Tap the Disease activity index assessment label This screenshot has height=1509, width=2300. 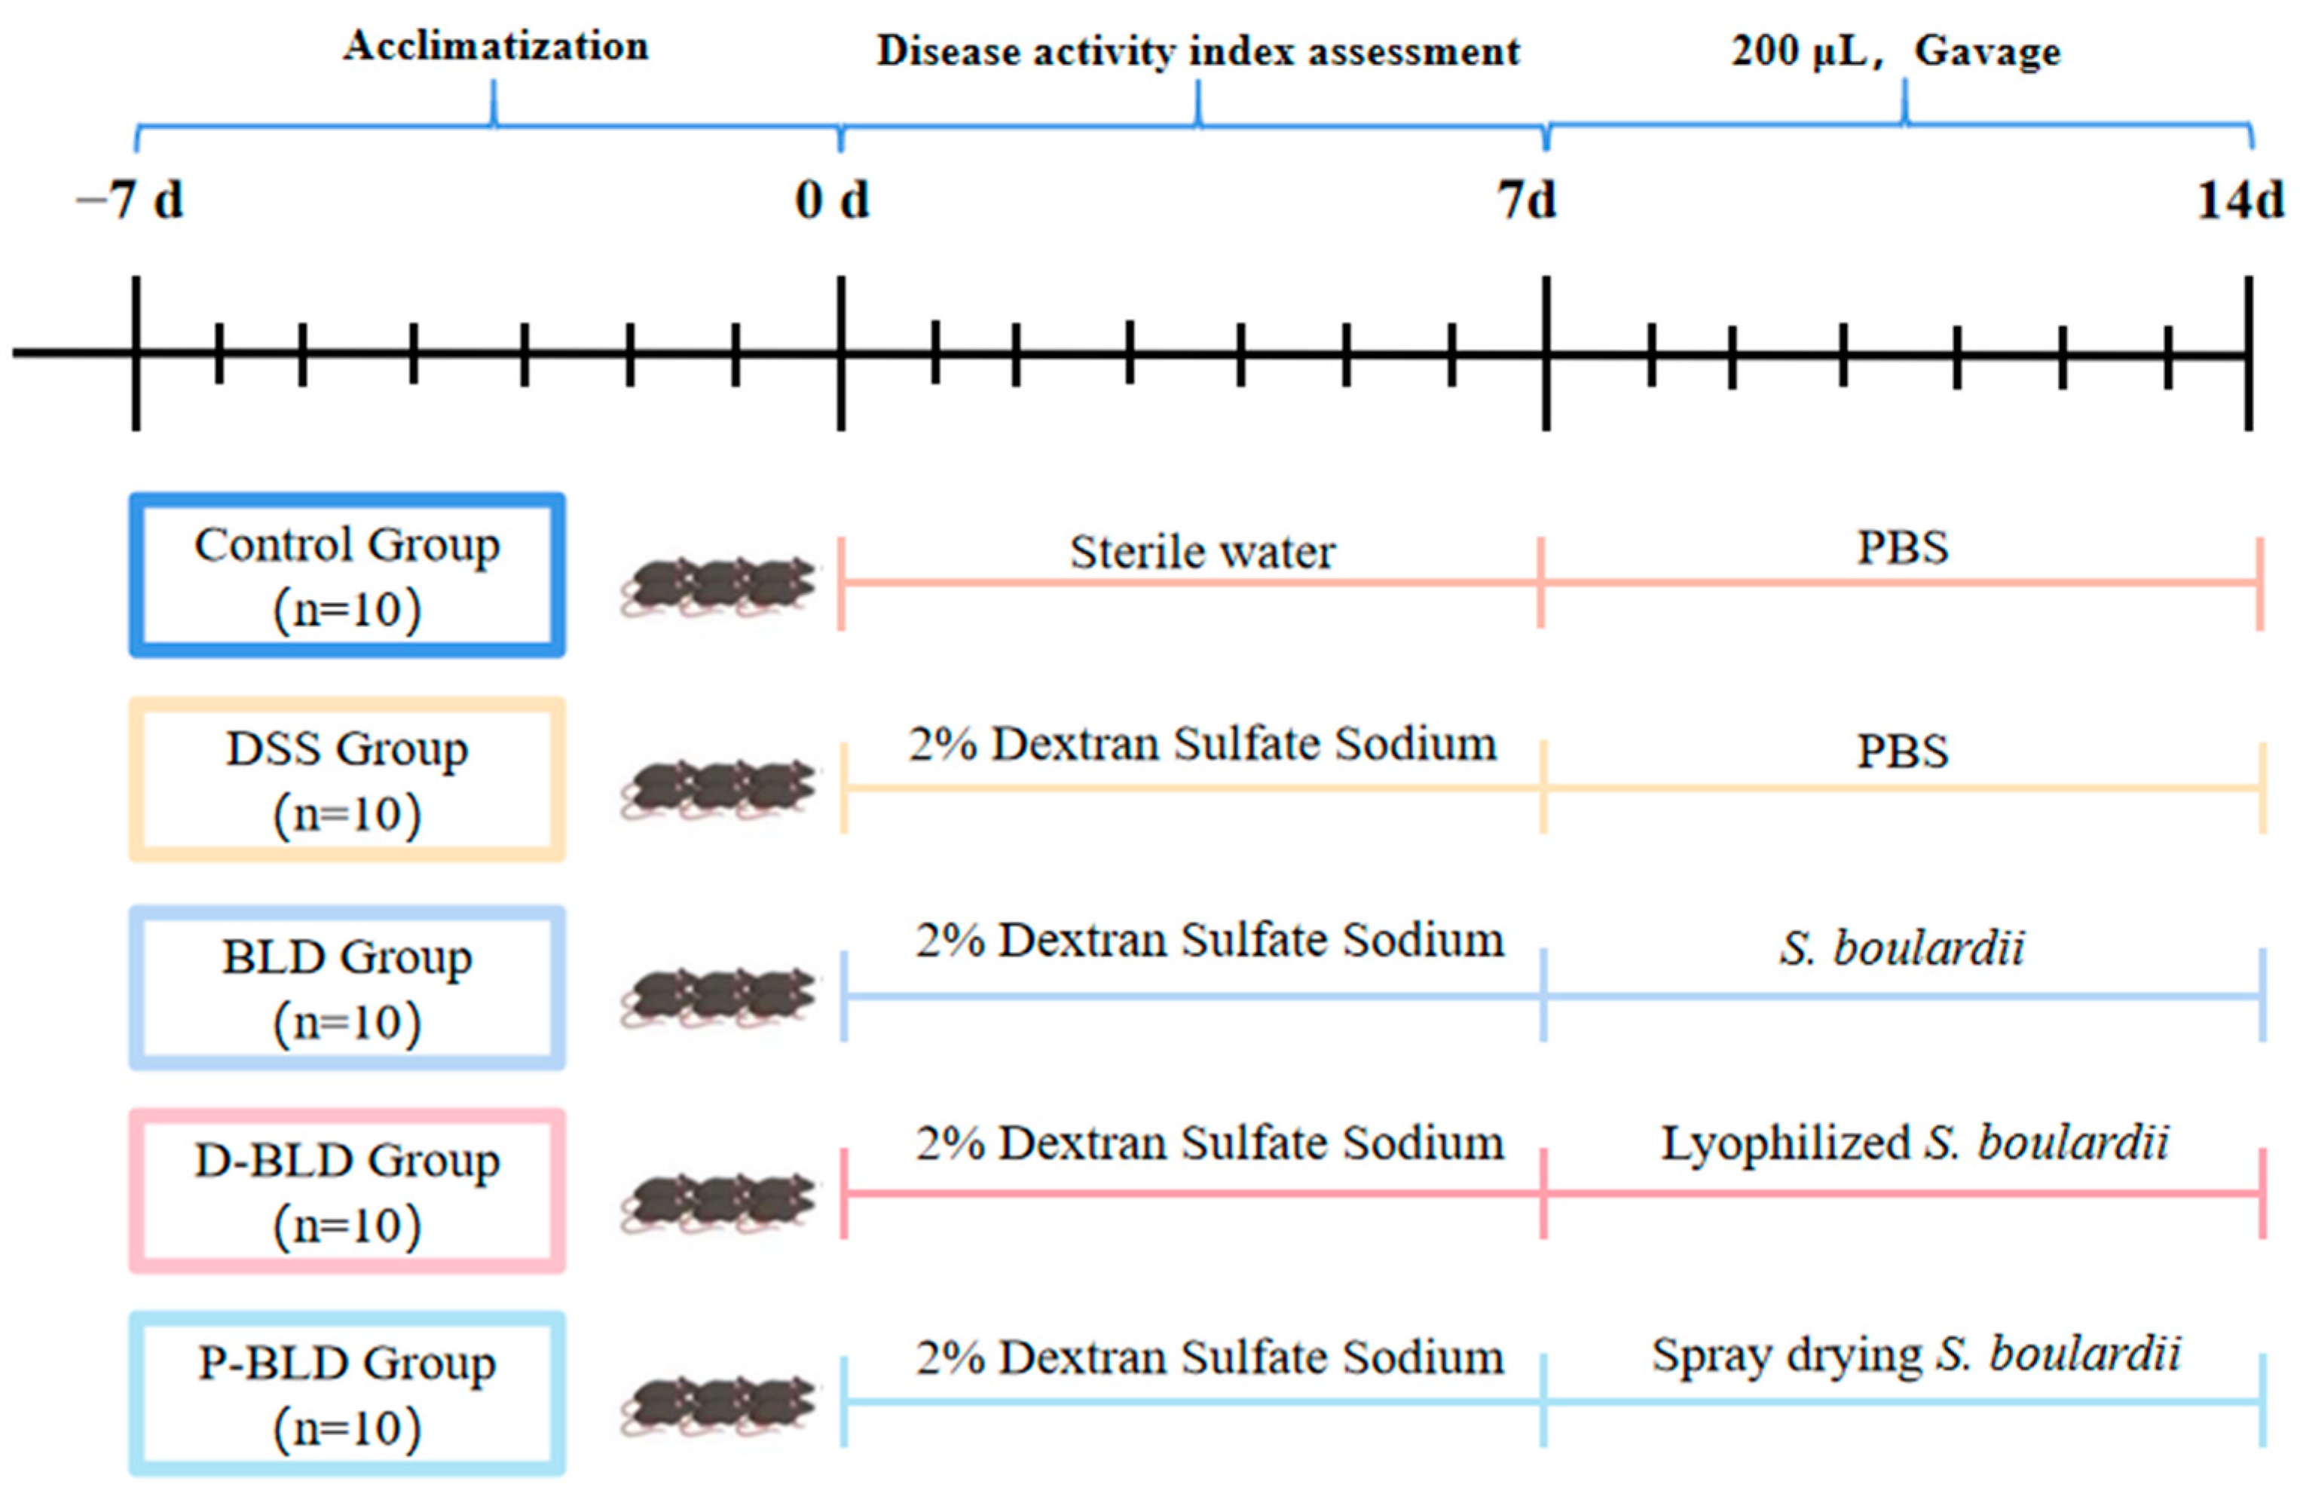pos(1197,51)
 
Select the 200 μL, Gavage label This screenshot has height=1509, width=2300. pos(1895,51)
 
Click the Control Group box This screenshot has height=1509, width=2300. pos(347,575)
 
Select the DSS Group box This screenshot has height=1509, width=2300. pos(347,779)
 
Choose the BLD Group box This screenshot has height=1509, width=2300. pos(347,987)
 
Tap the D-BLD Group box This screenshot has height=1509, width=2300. pos(347,1191)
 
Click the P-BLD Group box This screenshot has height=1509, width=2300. pos(347,1393)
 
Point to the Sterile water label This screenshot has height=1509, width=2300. pos(1202,552)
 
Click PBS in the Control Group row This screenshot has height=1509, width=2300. pos(1902,547)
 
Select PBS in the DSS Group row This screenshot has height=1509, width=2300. pos(1902,751)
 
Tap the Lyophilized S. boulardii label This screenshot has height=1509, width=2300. pos(1914,1143)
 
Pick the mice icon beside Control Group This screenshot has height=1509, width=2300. pos(718,586)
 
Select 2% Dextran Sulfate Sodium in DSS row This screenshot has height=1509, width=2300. pos(1202,745)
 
